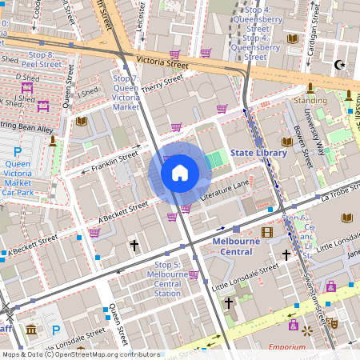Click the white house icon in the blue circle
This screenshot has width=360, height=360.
180,172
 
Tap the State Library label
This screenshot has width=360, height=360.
257,152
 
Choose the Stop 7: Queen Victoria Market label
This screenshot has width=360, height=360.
126,93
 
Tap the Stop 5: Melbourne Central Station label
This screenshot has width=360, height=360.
167,278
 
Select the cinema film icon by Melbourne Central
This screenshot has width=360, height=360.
267,232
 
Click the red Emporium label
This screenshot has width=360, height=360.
287,347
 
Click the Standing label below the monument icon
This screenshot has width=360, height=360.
310,101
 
